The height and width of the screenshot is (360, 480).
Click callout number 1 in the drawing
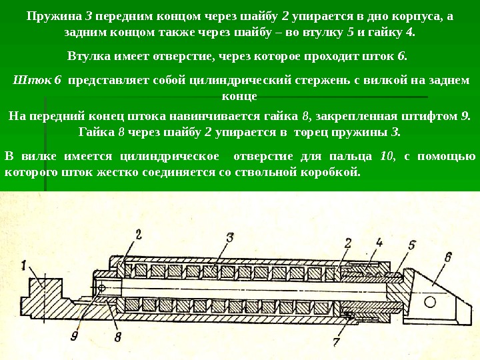[x=23, y=265]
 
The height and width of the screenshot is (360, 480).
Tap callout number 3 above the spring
[x=229, y=237]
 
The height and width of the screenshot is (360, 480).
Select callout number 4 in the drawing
[x=379, y=243]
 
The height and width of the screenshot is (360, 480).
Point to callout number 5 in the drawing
[x=412, y=245]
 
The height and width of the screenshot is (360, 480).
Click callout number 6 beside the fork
[x=447, y=257]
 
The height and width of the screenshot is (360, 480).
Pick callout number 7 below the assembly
[x=336, y=342]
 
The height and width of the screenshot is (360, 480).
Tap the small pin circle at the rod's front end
[x=102, y=288]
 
